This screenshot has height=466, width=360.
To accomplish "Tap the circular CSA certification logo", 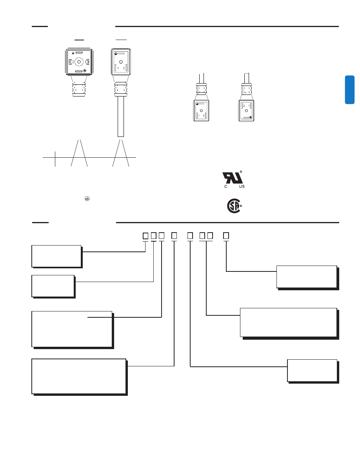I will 234,206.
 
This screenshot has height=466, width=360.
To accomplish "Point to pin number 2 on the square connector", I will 73,62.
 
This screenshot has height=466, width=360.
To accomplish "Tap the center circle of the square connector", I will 79,62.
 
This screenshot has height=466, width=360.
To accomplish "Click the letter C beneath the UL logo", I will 225,186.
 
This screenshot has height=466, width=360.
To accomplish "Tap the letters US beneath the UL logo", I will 242,186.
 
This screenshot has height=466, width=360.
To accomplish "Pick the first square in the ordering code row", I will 145,236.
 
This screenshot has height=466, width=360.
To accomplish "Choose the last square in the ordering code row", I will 225,236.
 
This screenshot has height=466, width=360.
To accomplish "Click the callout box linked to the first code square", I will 56,256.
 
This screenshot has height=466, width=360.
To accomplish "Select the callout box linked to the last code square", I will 306,277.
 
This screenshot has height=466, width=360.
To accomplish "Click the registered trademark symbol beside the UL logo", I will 241,172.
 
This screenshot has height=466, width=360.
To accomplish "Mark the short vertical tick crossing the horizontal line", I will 55,158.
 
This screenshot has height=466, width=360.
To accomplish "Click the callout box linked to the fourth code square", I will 78,375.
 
